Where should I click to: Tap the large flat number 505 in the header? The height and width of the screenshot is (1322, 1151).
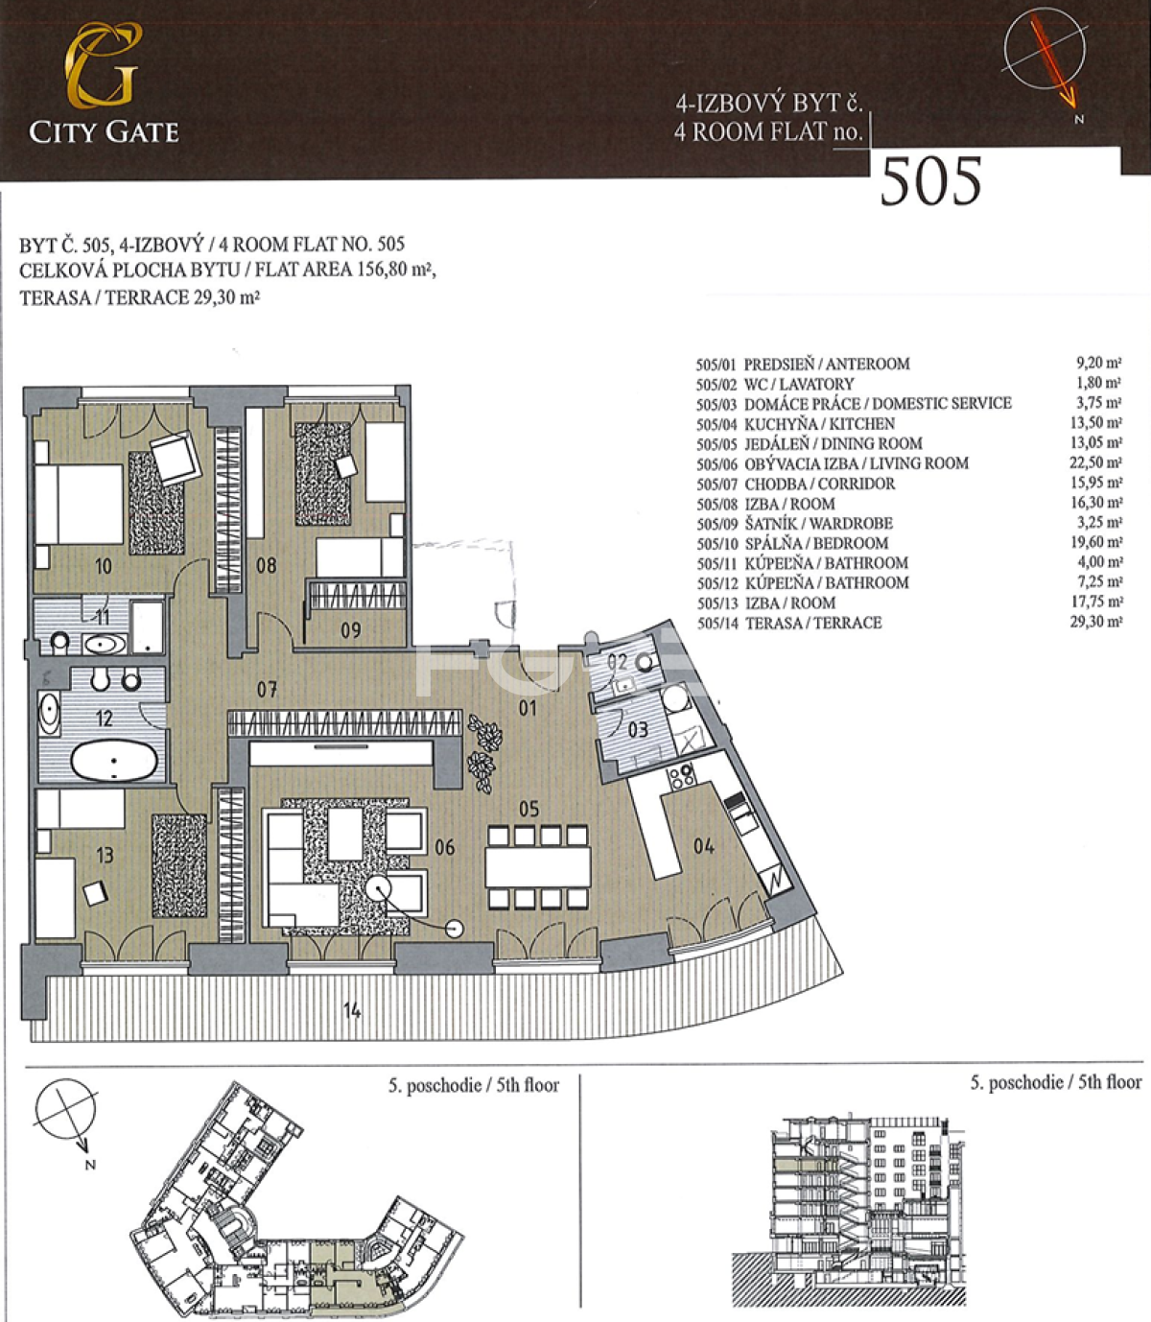(x=930, y=182)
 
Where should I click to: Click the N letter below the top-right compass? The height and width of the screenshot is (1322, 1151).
(x=1079, y=119)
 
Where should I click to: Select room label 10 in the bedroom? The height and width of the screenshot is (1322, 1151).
(x=104, y=567)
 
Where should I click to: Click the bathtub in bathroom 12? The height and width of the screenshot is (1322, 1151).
(x=114, y=761)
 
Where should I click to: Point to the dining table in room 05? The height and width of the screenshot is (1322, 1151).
(x=538, y=866)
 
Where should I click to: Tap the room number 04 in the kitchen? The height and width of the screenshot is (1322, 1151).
(x=703, y=845)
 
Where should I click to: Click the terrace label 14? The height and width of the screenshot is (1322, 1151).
(x=352, y=1009)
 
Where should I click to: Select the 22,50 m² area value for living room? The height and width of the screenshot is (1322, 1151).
(x=1095, y=462)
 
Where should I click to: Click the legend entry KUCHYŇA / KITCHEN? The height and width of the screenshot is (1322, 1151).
(x=820, y=424)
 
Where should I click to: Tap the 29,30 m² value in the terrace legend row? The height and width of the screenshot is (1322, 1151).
(x=1096, y=623)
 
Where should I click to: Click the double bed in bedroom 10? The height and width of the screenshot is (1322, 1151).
(x=79, y=504)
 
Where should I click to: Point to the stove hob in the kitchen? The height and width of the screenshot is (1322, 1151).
(x=682, y=776)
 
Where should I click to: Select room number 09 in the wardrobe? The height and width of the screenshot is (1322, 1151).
(x=351, y=630)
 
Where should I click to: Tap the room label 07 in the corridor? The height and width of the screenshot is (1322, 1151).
(x=267, y=690)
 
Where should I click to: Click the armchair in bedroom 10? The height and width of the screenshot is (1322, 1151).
(x=176, y=458)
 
